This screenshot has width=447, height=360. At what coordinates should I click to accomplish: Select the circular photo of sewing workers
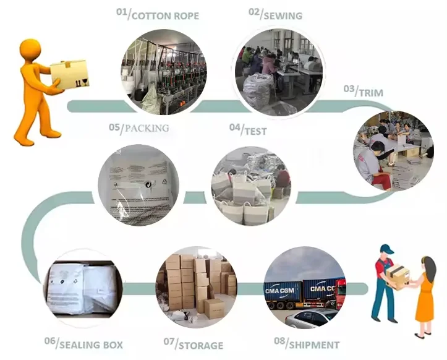pos(279,72)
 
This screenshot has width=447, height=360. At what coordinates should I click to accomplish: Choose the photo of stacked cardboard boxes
pos(196,286)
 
